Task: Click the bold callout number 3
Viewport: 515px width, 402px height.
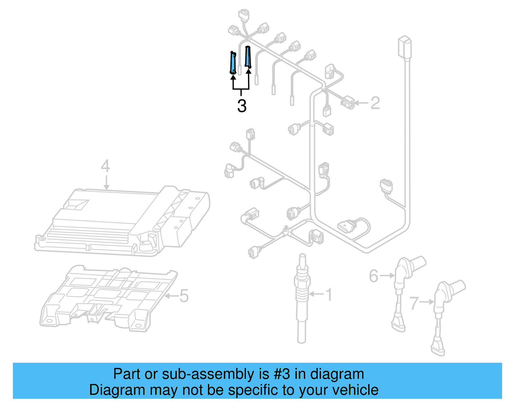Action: pyautogui.click(x=242, y=106)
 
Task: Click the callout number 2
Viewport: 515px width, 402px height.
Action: pyautogui.click(x=375, y=103)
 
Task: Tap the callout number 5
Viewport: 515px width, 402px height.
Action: pyautogui.click(x=184, y=296)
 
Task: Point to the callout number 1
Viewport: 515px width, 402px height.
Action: pyautogui.click(x=329, y=295)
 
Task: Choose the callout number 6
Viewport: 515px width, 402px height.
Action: pyautogui.click(x=374, y=276)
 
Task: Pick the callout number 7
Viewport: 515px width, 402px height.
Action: pyautogui.click(x=414, y=303)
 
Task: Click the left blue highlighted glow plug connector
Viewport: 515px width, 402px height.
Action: pyautogui.click(x=233, y=62)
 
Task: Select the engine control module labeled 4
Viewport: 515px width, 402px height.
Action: pyautogui.click(x=122, y=221)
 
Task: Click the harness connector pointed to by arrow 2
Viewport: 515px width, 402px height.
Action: pyautogui.click(x=347, y=102)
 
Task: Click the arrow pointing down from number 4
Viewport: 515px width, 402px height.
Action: pyautogui.click(x=107, y=182)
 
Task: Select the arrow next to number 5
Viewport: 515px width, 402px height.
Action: pyautogui.click(x=171, y=296)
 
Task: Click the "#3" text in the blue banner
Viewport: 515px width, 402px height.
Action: pyautogui.click(x=282, y=374)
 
